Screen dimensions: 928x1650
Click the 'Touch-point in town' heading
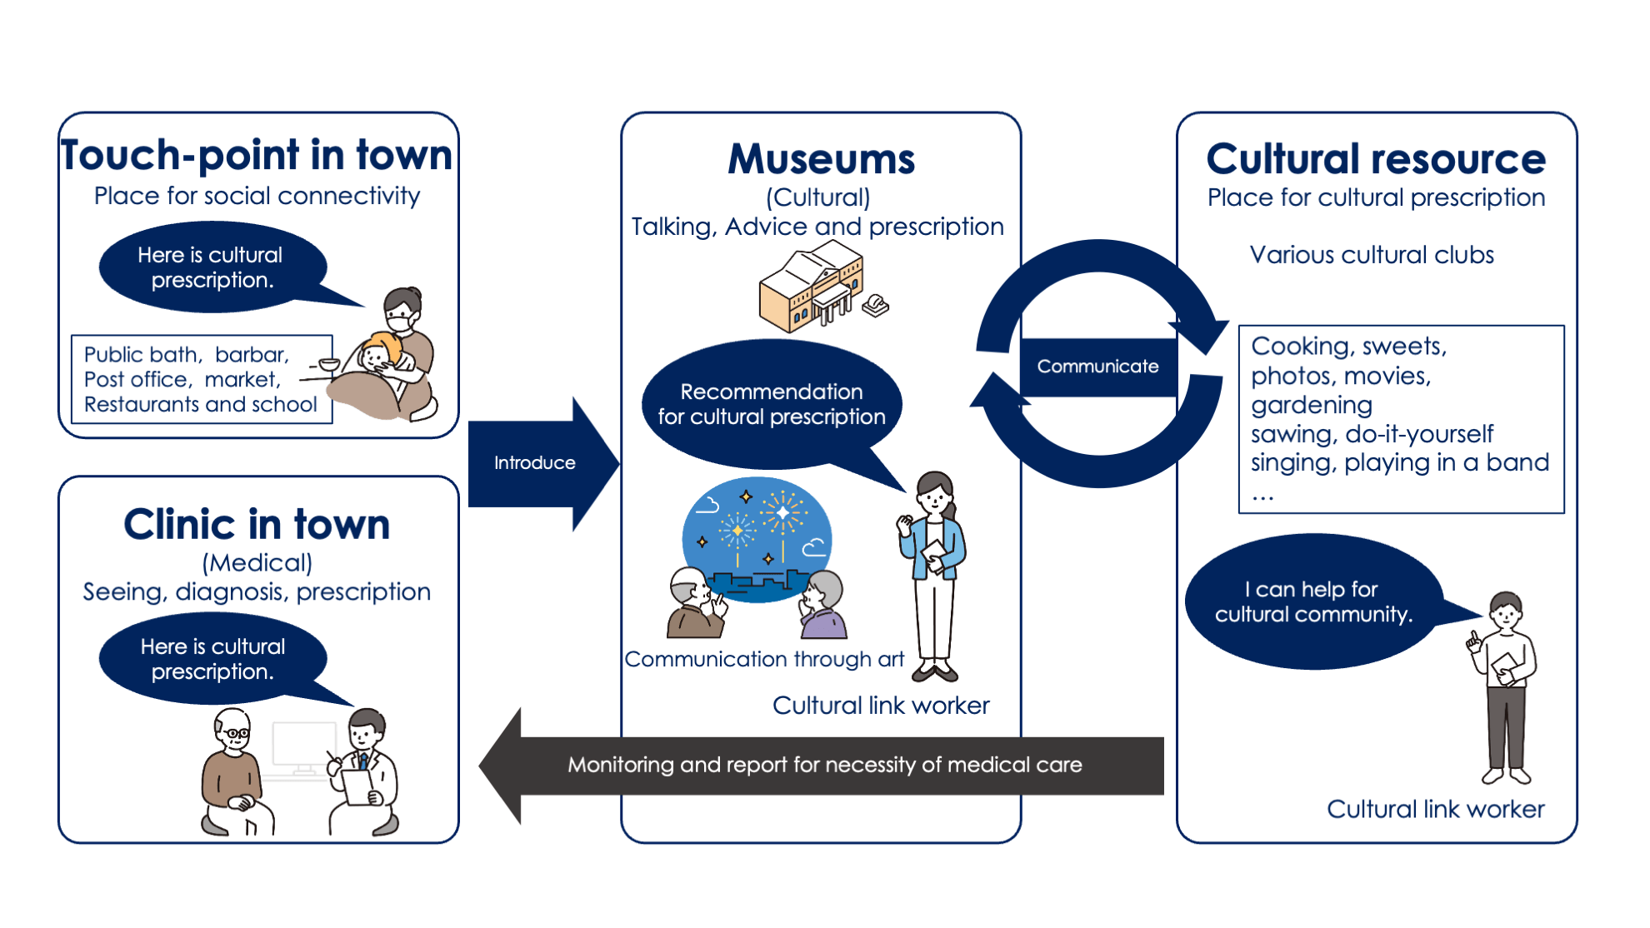click(x=257, y=156)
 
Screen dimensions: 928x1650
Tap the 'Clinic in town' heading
click(x=257, y=525)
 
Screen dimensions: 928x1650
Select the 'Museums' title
click(x=821, y=159)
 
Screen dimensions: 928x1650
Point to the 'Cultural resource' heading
click(x=1376, y=159)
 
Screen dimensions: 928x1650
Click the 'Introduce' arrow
click(x=535, y=463)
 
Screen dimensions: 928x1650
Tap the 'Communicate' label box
click(x=1097, y=367)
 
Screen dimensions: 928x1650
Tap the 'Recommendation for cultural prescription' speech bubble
click(x=771, y=404)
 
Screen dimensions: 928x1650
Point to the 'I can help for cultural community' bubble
click(x=1313, y=601)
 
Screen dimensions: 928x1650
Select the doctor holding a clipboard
click(x=363, y=771)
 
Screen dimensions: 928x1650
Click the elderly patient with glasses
click(x=232, y=771)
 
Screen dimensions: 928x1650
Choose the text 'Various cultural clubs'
click(x=1372, y=255)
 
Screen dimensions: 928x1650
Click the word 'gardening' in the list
click(x=1312, y=405)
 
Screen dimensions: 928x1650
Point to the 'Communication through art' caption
click(x=764, y=660)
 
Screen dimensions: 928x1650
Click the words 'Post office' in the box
click(x=136, y=380)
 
